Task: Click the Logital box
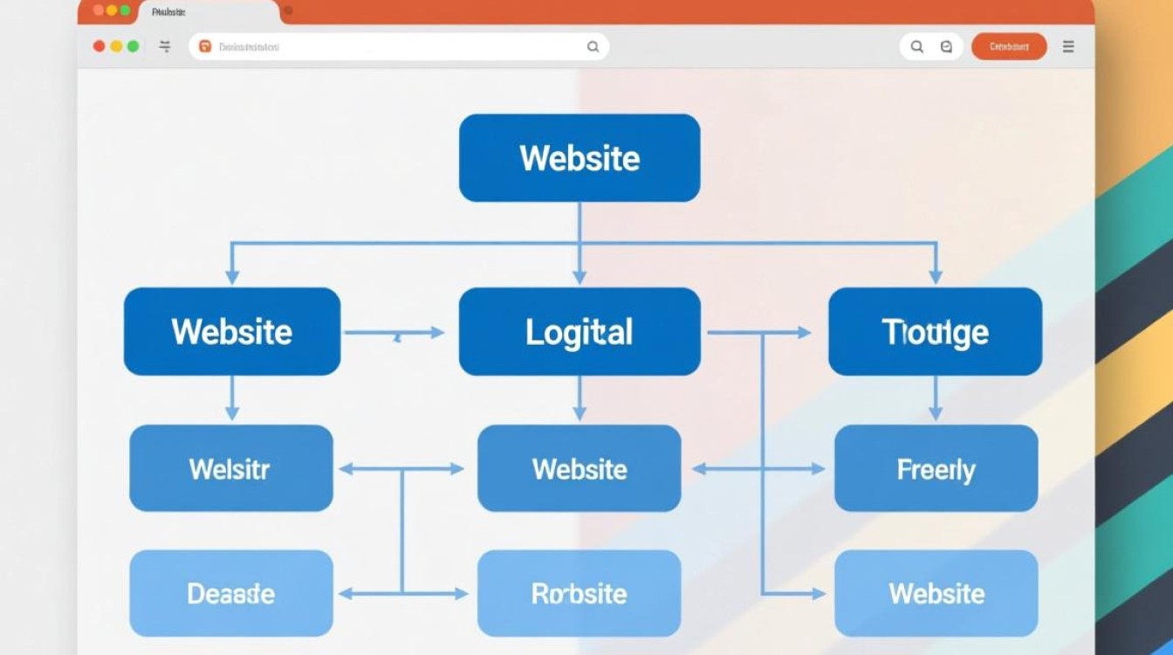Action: pyautogui.click(x=580, y=332)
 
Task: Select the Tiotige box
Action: pyautogui.click(x=935, y=332)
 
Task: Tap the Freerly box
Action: pyautogui.click(x=936, y=469)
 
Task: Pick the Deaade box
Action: pyautogui.click(x=231, y=594)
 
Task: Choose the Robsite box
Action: pyautogui.click(x=579, y=594)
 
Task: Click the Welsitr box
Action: pyautogui.click(x=231, y=469)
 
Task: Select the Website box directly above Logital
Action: pyautogui.click(x=580, y=158)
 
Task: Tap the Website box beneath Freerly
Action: pyautogui.click(x=936, y=594)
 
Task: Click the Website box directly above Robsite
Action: pyautogui.click(x=579, y=469)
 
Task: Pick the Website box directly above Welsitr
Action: pyautogui.click(x=232, y=332)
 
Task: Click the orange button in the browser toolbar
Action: pyautogui.click(x=1009, y=46)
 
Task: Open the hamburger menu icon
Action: pyautogui.click(x=1068, y=46)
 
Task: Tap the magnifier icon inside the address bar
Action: pyautogui.click(x=593, y=47)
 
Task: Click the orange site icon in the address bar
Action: pyautogui.click(x=205, y=47)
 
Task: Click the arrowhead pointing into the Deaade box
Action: pyautogui.click(x=345, y=594)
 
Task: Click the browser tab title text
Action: pyautogui.click(x=168, y=11)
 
